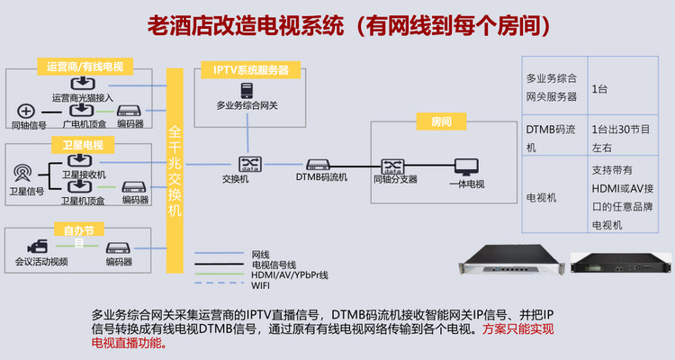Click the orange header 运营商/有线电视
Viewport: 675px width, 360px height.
click(85, 67)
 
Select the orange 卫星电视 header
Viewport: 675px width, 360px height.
click(83, 144)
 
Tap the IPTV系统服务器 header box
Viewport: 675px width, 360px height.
click(251, 69)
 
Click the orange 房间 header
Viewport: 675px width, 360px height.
click(442, 121)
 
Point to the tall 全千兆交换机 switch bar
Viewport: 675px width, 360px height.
click(175, 166)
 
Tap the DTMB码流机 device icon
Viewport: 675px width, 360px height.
click(320, 165)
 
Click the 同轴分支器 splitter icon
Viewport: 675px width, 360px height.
click(393, 165)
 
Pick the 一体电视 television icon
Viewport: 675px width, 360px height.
click(466, 166)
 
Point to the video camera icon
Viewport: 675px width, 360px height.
click(38, 247)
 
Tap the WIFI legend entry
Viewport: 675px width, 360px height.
click(260, 285)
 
